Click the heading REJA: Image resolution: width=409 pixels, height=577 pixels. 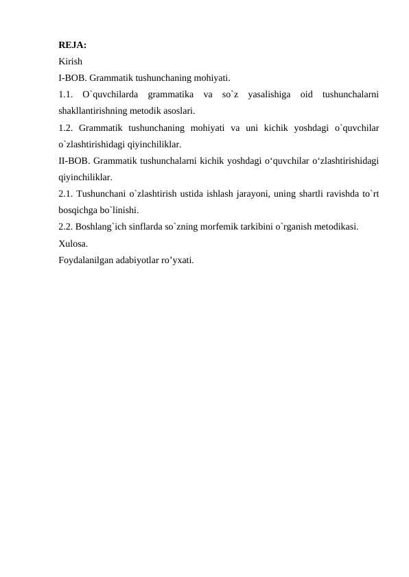(x=73, y=45)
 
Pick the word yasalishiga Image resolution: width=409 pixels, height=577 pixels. (x=268, y=94)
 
